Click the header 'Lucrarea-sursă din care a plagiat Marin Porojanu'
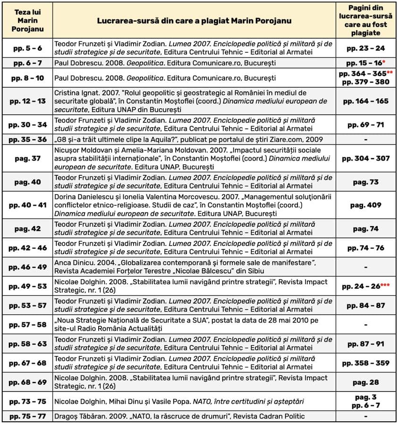(194, 21)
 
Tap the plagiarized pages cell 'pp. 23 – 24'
(366, 48)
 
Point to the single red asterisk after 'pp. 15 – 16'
(385, 61)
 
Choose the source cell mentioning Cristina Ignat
(194, 101)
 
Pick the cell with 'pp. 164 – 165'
(366, 101)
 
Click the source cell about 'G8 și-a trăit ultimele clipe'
(194, 140)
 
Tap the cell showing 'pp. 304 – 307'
(366, 158)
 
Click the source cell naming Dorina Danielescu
(194, 205)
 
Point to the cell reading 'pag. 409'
(366, 205)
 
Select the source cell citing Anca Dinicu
(194, 267)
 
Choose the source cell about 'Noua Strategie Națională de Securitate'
(194, 324)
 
